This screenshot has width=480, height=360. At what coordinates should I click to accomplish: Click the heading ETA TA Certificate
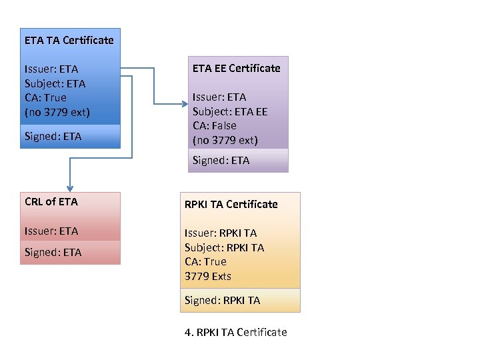point(69,40)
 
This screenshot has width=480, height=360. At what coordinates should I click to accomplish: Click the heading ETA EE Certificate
point(236,68)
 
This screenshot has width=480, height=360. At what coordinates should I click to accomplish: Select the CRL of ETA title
point(51,201)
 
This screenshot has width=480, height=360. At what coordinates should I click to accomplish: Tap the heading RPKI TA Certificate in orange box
point(231,204)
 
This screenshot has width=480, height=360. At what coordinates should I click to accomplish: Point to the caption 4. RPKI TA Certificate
point(235,332)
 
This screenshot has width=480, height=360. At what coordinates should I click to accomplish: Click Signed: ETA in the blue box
point(53,136)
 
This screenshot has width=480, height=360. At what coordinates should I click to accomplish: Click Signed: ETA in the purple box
point(221,160)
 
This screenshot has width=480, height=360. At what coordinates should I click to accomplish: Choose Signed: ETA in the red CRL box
point(53,252)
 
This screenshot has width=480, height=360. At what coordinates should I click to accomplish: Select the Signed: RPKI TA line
point(222,300)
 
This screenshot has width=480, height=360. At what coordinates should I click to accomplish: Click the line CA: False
point(214,125)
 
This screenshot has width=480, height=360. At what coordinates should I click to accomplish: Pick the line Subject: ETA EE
point(229,111)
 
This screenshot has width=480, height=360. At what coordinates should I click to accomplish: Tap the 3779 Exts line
point(208,276)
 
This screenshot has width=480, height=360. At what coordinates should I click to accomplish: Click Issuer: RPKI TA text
point(220,233)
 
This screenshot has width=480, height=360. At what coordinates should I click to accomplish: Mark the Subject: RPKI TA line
point(224,247)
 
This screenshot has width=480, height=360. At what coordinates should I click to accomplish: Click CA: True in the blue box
point(45,97)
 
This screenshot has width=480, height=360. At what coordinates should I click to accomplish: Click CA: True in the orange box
point(205,261)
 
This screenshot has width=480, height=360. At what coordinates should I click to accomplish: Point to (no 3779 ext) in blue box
point(57,111)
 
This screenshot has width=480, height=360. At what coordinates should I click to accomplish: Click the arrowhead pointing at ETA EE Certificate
point(185,103)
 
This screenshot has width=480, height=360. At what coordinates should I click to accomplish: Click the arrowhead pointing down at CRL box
point(68,189)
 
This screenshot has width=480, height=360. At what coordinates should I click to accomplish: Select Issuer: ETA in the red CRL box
point(51,231)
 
